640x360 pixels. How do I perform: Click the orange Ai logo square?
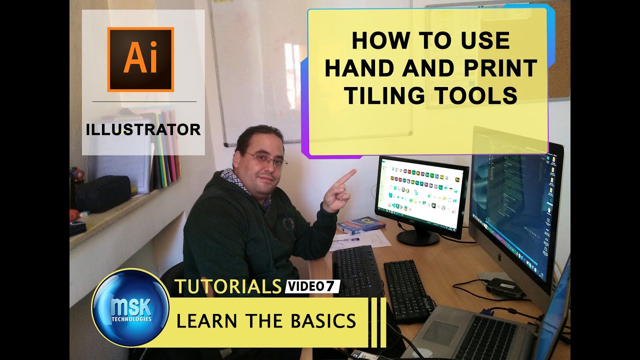point(140,59)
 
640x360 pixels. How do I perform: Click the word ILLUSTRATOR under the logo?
point(143,129)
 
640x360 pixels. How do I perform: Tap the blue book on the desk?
point(361,224)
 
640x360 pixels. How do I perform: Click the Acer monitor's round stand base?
point(417,238)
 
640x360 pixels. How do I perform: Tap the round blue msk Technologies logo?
point(130,307)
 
